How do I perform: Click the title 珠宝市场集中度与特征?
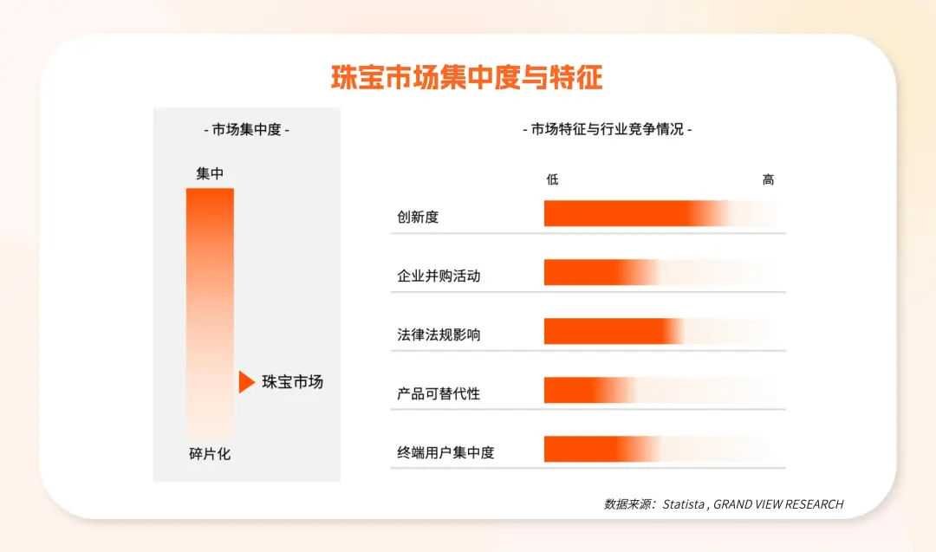tap(467, 77)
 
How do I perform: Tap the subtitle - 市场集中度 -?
tap(246, 130)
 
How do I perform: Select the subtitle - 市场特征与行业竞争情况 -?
tap(607, 130)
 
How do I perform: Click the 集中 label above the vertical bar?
tap(210, 173)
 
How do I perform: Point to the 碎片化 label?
tap(210, 453)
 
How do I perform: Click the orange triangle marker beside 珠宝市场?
tap(246, 381)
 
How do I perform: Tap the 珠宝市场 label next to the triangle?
tap(292, 381)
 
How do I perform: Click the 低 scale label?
tap(552, 179)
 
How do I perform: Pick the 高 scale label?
tap(768, 179)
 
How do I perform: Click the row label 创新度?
tap(418, 217)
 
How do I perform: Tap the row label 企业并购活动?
tap(439, 276)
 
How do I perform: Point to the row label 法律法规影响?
tap(439, 334)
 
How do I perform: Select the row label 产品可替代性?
tap(439, 393)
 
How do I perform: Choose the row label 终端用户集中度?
tap(445, 452)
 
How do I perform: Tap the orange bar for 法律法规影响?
tap(611, 331)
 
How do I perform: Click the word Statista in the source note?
tap(685, 504)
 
